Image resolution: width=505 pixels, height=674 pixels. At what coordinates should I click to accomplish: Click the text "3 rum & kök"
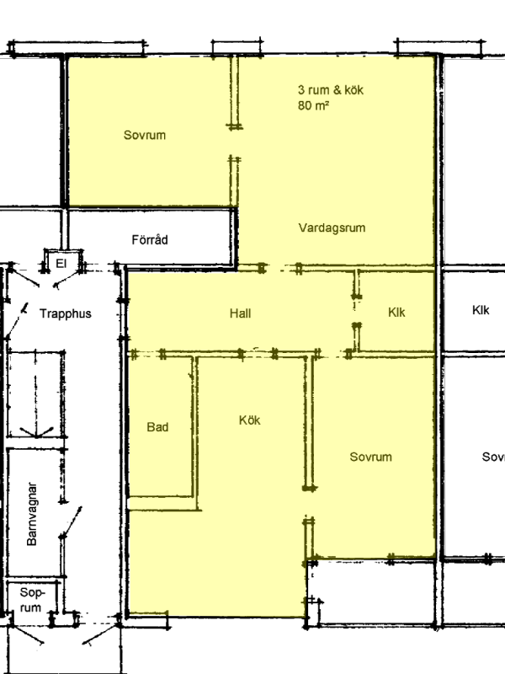pos(331,90)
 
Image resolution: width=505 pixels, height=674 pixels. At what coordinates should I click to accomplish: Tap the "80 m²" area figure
pos(313,105)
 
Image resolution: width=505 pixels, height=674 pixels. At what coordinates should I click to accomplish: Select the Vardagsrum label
pos(332,227)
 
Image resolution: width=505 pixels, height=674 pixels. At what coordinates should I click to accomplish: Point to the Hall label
pos(240,313)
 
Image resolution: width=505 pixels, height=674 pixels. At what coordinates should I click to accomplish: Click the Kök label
pos(249,420)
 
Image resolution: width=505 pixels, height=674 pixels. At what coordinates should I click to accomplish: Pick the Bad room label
pos(157,427)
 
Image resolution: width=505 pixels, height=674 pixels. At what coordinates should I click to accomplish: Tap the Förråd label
pos(150,239)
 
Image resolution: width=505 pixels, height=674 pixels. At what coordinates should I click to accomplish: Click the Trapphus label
pos(66,313)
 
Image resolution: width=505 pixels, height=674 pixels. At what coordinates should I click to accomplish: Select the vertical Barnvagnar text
pos(32,514)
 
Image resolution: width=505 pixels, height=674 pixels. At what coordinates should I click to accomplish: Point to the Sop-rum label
pos(31,600)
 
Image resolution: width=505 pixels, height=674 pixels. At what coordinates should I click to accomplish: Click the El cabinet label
pos(61,263)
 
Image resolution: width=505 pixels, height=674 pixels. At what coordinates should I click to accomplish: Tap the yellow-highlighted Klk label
pos(396,312)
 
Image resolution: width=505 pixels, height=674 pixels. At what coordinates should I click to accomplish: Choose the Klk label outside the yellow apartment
pos(481,310)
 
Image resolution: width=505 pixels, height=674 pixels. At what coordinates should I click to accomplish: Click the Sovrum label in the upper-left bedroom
pos(145,135)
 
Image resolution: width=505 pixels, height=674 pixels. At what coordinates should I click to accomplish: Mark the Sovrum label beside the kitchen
pos(370,457)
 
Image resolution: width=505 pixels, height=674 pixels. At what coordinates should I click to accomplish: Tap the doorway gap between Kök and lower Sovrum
pos(309,503)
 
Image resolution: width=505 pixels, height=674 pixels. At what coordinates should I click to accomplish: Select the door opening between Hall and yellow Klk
pos(356,310)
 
